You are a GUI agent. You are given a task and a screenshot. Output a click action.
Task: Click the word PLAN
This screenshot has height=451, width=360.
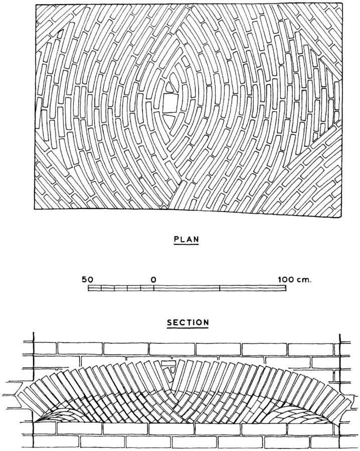click(187, 240)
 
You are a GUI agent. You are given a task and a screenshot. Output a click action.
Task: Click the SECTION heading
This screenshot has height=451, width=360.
click(188, 322)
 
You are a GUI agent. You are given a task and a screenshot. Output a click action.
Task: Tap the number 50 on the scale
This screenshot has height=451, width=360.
click(87, 279)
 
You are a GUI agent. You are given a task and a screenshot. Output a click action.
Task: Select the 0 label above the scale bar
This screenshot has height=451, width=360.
click(153, 279)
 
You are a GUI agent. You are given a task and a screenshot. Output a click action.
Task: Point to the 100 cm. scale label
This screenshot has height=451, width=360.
click(294, 279)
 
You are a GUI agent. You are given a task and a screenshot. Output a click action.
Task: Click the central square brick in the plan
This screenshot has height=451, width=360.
click(169, 103)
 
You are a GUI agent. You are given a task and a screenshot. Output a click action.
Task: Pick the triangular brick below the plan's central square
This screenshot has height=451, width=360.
click(169, 120)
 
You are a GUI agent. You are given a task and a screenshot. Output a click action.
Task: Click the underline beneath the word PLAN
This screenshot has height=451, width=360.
click(187, 245)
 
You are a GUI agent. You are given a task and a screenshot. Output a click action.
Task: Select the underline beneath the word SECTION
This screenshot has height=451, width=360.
click(188, 328)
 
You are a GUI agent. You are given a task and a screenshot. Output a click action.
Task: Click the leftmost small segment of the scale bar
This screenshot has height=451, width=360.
click(95, 288)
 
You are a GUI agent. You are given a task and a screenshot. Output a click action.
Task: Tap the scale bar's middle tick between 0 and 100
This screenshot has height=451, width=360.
click(220, 288)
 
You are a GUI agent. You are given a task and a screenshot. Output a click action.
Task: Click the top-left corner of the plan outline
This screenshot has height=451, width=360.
click(36, 5)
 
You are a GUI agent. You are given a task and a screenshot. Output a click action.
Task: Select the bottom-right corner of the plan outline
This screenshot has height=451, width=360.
click(342, 217)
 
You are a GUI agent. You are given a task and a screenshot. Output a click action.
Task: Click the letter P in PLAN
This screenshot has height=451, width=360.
click(176, 240)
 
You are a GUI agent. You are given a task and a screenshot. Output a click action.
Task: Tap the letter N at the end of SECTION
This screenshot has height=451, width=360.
click(206, 322)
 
